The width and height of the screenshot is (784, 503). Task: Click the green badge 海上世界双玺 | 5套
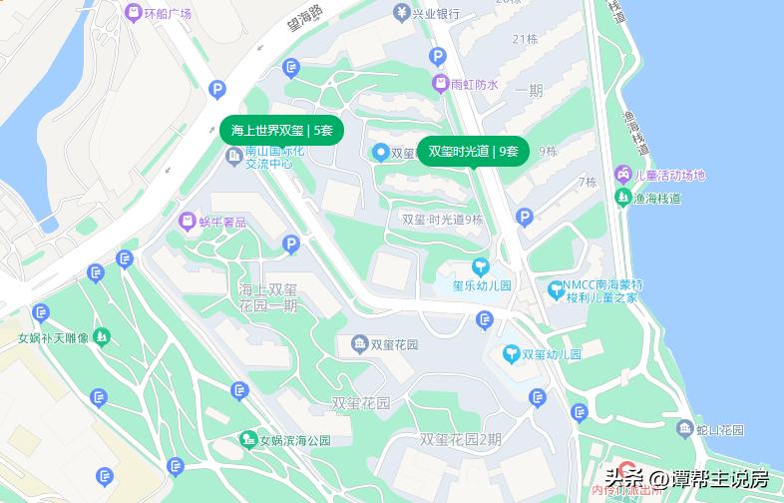(281, 130)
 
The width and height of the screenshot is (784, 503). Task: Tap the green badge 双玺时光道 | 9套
(473, 151)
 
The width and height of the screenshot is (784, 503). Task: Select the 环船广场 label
(167, 14)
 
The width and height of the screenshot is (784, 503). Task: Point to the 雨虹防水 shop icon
(440, 84)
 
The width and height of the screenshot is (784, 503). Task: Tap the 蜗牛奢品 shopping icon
(187, 221)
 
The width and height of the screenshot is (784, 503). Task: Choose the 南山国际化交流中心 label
(268, 157)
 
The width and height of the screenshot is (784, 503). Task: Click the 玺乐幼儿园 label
(482, 285)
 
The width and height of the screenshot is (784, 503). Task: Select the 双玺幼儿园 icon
(512, 353)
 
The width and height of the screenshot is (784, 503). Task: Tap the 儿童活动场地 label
(669, 175)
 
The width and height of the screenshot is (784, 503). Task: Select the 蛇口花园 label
(719, 429)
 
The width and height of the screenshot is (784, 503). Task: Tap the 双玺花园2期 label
(460, 438)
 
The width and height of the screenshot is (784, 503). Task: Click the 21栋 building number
(525, 39)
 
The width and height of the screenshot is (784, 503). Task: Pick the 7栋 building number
(588, 182)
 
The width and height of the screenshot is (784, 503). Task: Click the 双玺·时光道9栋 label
(442, 220)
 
